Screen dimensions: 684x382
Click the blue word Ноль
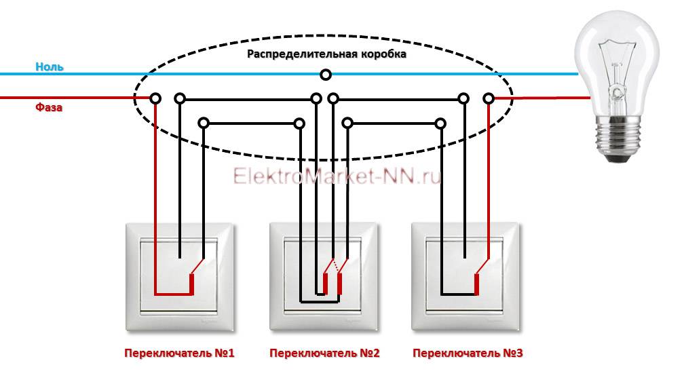tap(50, 66)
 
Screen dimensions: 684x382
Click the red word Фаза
tap(49, 107)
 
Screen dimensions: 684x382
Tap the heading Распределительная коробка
tap(327, 54)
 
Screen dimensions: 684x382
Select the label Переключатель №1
tap(179, 353)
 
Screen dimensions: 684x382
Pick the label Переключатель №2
tap(324, 353)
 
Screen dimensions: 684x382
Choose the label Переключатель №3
tap(468, 353)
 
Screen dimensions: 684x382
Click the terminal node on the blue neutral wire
tap(326, 75)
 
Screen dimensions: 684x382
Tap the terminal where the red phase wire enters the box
tap(155, 98)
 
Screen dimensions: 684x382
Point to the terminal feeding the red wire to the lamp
tap(489, 98)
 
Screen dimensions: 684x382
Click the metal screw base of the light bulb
tap(617, 139)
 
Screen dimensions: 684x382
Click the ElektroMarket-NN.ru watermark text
tap(337, 176)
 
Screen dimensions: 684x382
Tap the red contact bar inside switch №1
tap(191, 284)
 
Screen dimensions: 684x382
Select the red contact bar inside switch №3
tap(477, 284)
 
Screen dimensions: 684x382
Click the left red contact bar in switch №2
tap(325, 284)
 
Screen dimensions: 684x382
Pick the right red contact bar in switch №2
tap(340, 284)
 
